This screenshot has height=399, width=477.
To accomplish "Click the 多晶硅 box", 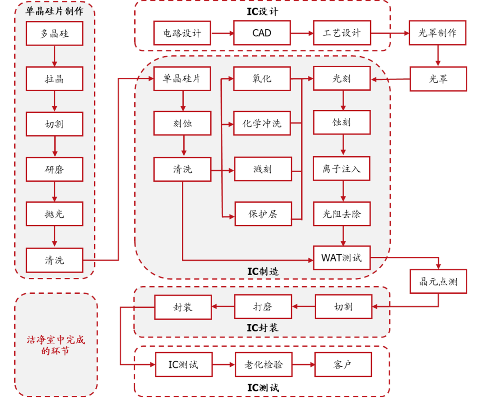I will click(54, 33).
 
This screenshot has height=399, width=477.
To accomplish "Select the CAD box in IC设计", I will click(262, 33).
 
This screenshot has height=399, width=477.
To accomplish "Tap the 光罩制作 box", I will click(438, 33).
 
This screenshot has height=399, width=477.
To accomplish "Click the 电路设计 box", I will click(182, 33).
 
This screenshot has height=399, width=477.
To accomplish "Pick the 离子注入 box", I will click(342, 169).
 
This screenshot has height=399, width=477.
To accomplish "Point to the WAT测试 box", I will click(342, 257).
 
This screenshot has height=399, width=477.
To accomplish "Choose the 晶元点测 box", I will click(438, 281).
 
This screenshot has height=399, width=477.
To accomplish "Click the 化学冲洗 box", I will click(262, 123).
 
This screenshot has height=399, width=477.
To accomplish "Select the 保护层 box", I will click(263, 214).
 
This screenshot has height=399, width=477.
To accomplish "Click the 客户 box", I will click(343, 365).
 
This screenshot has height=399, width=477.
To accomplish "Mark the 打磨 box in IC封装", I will click(263, 307).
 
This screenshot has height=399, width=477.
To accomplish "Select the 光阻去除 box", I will click(342, 214).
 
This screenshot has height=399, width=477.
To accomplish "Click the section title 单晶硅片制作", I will click(54, 11).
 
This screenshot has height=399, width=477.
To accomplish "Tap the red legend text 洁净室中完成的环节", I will click(56, 345).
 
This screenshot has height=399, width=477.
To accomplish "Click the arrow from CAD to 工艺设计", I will click(302, 33).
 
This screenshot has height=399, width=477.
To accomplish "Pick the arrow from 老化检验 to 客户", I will click(303, 365).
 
